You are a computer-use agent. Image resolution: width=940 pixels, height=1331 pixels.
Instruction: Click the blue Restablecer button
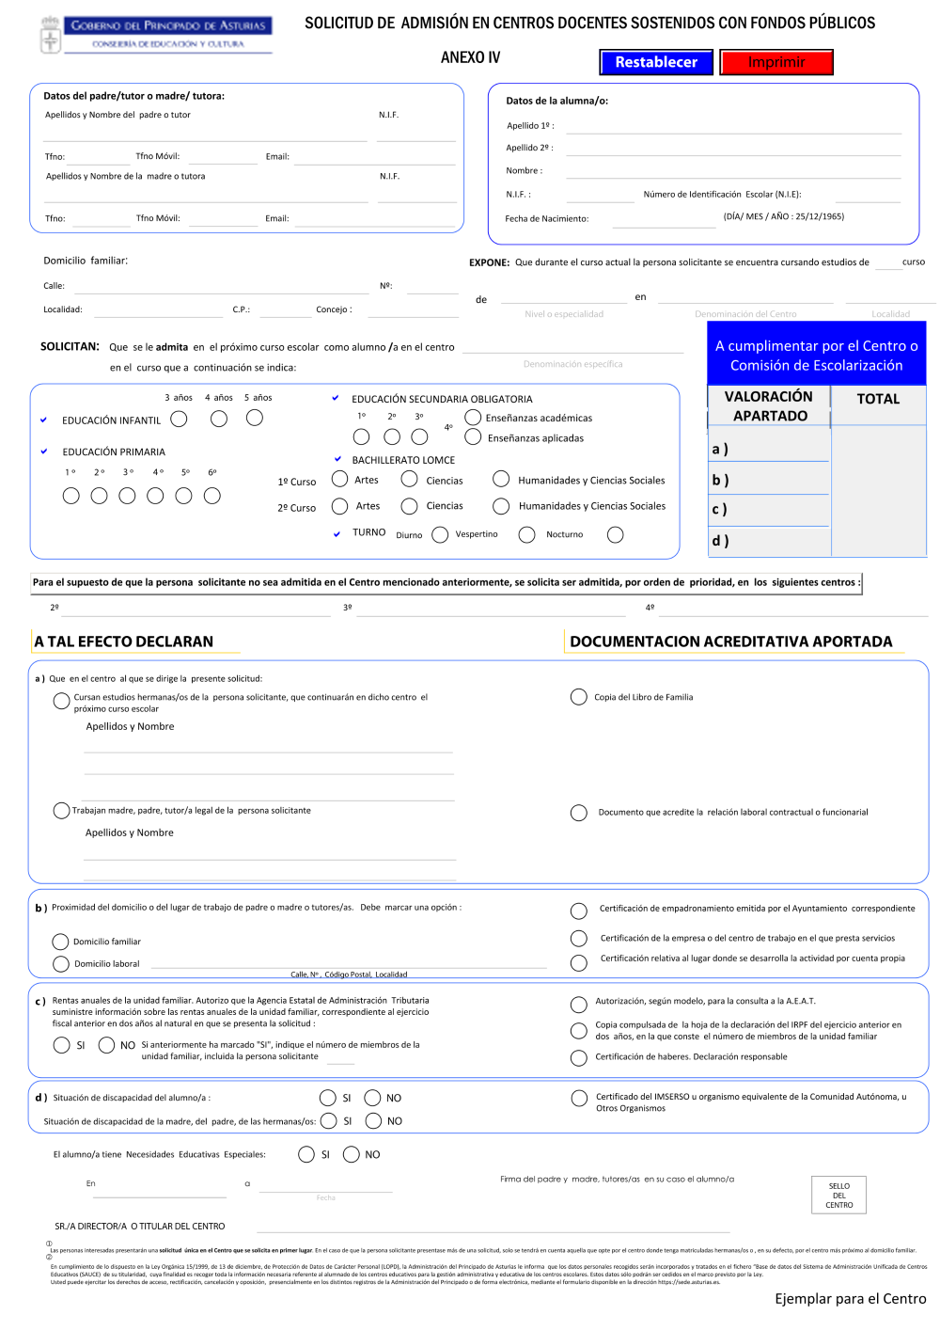tap(656, 62)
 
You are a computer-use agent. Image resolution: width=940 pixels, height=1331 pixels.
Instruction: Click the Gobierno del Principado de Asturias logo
tap(157, 34)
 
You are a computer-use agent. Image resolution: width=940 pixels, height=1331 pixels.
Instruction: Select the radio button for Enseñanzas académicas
tap(473, 417)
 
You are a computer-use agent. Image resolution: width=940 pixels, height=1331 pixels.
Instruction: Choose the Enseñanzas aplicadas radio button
tap(473, 436)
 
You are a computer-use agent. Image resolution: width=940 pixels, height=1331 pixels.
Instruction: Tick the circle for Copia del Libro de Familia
tap(579, 697)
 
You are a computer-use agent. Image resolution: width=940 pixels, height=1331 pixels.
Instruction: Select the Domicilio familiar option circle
tap(61, 942)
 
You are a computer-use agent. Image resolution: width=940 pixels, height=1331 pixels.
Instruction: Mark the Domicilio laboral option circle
tap(61, 963)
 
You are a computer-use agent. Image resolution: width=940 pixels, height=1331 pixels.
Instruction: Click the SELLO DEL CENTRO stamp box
tap(838, 1195)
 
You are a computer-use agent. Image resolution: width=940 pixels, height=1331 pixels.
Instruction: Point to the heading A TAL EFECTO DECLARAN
tap(124, 642)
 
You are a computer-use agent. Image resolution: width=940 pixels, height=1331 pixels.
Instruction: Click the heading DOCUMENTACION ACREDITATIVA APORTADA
tap(730, 642)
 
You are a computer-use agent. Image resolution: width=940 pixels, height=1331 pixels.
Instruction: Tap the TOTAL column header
tap(878, 399)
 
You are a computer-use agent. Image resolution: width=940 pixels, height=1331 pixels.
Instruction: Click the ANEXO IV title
tap(470, 57)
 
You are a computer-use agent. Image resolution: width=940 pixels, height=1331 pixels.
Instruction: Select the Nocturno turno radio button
tap(616, 534)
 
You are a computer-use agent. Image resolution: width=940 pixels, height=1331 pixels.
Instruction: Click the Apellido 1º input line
tap(733, 126)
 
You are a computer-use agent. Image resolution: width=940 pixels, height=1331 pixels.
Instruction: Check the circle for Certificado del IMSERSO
tap(579, 1099)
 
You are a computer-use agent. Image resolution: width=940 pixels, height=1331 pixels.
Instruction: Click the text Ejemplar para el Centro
tap(850, 1298)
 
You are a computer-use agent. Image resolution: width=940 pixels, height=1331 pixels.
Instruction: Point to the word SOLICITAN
tap(70, 346)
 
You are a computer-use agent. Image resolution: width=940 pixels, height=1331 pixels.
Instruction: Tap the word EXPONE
tap(489, 262)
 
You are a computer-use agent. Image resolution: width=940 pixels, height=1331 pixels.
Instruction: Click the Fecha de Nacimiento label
tap(546, 218)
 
